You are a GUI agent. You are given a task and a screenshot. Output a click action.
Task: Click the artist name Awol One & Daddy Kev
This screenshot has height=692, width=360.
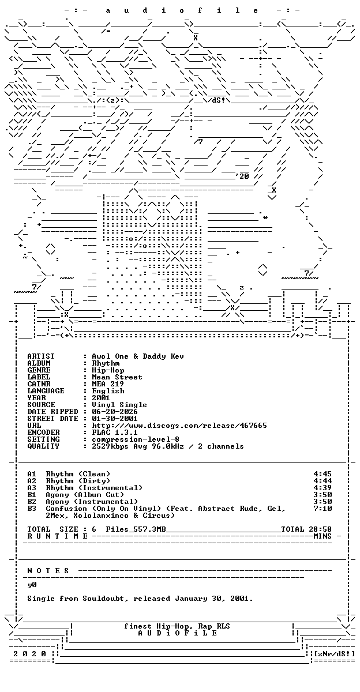click(x=138, y=356)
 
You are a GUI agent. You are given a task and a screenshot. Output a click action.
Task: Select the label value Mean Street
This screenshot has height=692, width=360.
click(x=117, y=377)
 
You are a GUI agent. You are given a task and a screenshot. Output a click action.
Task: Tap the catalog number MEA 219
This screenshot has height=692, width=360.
click(x=108, y=384)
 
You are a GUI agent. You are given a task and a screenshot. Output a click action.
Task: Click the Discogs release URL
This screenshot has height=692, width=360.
click(x=179, y=426)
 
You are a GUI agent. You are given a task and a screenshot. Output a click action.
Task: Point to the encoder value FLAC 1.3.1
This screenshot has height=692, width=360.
click(x=115, y=432)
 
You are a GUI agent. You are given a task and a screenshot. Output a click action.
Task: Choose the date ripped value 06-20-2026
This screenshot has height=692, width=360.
click(x=115, y=412)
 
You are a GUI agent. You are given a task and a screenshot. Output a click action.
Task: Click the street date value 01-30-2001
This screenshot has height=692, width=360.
click(x=115, y=419)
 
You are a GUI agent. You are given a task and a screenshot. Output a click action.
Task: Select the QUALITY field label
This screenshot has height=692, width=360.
click(x=43, y=446)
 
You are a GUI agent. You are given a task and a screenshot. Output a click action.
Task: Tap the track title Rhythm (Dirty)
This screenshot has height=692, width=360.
click(x=78, y=481)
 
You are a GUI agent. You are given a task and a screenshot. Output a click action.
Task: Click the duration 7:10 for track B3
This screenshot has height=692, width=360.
click(x=322, y=509)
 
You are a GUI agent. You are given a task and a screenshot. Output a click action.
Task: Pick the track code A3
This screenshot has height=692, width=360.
click(x=32, y=488)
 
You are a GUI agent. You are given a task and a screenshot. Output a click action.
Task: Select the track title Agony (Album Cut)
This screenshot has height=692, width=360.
click(x=85, y=495)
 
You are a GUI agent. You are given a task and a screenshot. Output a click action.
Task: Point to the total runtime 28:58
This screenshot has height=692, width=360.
click(x=320, y=529)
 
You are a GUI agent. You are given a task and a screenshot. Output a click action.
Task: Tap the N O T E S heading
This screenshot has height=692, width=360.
click(x=48, y=570)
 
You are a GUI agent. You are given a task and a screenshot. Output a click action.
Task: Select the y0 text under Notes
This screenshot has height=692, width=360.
click(x=32, y=585)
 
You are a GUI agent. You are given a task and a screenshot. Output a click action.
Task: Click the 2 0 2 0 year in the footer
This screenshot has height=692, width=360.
click(x=29, y=654)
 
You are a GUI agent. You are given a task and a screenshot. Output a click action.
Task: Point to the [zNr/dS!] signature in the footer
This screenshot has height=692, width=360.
click(x=334, y=654)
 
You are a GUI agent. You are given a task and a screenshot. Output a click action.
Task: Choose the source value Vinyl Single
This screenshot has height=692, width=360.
click(x=119, y=405)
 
